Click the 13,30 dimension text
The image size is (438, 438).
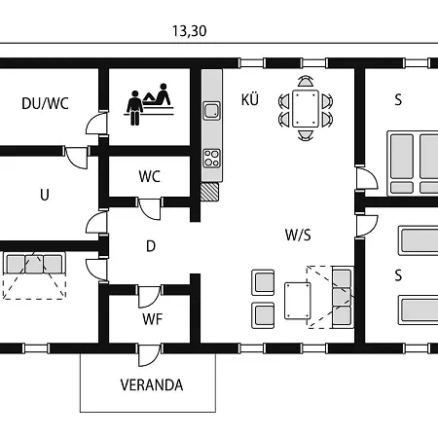click(x=189, y=31)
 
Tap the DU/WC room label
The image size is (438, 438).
click(x=45, y=103)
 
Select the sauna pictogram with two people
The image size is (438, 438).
click(x=149, y=104)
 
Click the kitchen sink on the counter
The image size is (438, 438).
click(x=211, y=110)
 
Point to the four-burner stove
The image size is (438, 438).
click(x=211, y=159)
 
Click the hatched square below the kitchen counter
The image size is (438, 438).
click(x=209, y=192)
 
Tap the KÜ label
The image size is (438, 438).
click(x=250, y=100)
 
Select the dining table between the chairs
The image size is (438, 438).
click(x=306, y=109)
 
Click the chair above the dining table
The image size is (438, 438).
click(x=306, y=82)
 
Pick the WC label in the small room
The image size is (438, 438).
click(x=149, y=176)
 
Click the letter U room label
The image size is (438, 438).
click(x=45, y=195)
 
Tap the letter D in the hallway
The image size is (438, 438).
click(x=151, y=246)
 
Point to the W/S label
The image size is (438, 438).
click(x=298, y=235)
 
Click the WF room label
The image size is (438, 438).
click(x=152, y=319)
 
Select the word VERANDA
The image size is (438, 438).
click(x=152, y=385)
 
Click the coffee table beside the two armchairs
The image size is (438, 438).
click(x=298, y=301)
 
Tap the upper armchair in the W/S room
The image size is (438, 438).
click(x=263, y=282)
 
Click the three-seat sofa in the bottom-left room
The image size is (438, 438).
click(x=34, y=264)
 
